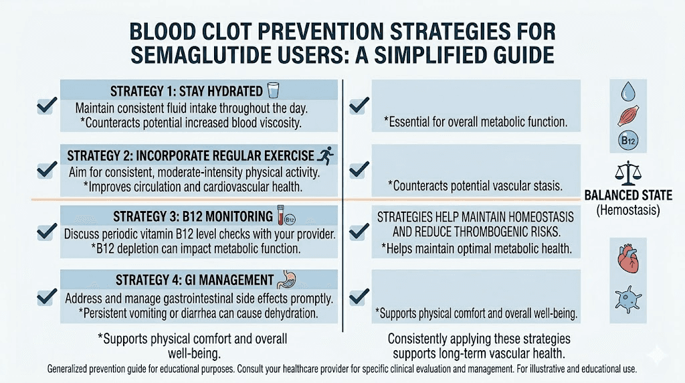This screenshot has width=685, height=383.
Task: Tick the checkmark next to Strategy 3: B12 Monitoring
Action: click(45, 232)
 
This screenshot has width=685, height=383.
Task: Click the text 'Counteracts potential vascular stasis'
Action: click(477, 185)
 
